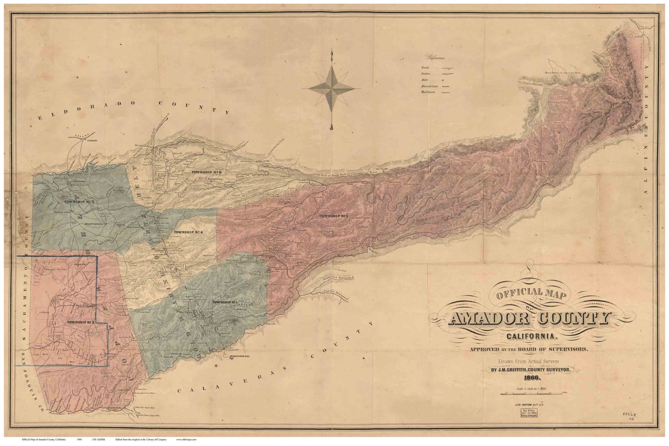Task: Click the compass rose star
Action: pos(331,89)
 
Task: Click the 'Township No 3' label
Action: pos(333,216)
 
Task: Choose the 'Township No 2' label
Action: pos(80,322)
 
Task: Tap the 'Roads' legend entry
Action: pos(424,67)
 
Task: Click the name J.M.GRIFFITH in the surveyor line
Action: pos(507,369)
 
